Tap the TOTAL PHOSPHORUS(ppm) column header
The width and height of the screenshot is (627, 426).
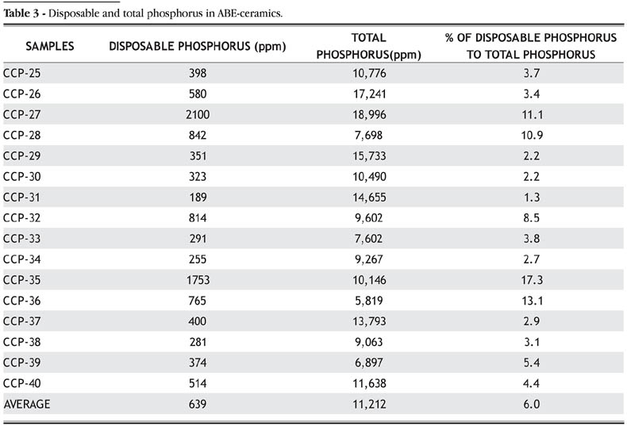[367, 46]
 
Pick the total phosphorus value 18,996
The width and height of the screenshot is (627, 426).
[367, 115]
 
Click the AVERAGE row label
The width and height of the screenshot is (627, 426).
[27, 404]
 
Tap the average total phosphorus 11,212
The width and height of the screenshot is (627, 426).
[367, 404]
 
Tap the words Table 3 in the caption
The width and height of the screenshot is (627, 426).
[23, 10]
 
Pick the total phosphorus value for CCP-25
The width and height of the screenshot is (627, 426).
[367, 74]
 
